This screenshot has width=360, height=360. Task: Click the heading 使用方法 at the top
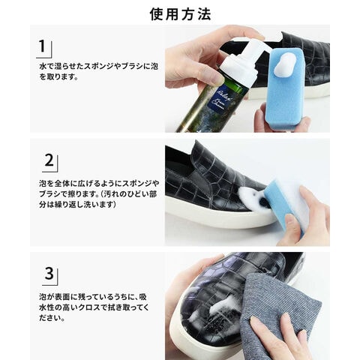180,14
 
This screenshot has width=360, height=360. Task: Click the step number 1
43,46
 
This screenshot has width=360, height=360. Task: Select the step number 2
49,160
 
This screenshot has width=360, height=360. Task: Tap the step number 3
49,273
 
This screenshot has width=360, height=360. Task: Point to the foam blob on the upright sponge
286,65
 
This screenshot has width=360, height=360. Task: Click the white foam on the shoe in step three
215,309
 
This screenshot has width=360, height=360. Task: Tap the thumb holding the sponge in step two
293,225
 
